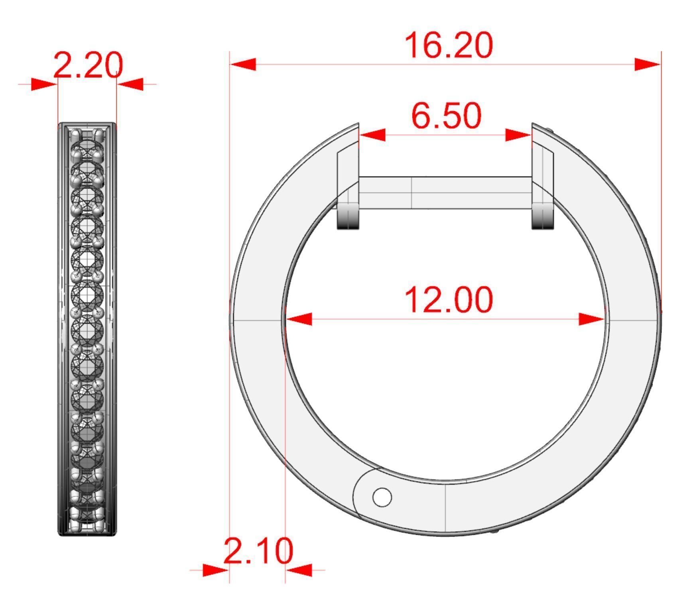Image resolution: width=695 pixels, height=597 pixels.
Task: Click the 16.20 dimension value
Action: pyautogui.click(x=449, y=45)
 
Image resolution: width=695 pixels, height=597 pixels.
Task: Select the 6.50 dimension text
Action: pyautogui.click(x=446, y=116)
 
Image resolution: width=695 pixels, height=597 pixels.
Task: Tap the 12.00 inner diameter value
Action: pyautogui.click(x=449, y=299)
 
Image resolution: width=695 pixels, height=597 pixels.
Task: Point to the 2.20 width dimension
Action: pyautogui.click(x=88, y=65)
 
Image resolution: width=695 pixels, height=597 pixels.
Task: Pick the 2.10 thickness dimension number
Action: pyautogui.click(x=258, y=551)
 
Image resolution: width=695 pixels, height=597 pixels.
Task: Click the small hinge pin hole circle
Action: pyautogui.click(x=382, y=497)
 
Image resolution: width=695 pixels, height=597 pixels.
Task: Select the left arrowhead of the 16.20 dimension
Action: pyautogui.click(x=243, y=64)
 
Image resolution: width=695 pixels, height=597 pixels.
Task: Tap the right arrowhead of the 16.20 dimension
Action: pyautogui.click(x=648, y=64)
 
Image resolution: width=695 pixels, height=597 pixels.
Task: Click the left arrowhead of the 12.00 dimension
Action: pyautogui.click(x=299, y=319)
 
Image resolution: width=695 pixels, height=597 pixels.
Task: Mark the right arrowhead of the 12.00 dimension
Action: pyautogui.click(x=592, y=319)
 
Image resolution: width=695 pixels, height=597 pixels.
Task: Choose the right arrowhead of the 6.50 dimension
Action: pyautogui.click(x=518, y=135)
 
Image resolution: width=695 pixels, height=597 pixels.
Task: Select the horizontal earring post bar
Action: pyautogui.click(x=445, y=192)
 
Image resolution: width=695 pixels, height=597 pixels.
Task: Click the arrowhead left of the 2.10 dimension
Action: pyautogui.click(x=215, y=570)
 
